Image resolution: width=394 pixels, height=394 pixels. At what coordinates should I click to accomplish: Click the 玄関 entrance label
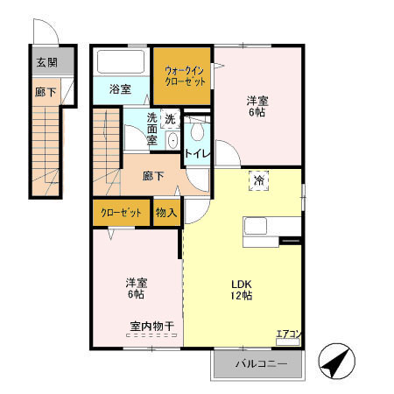46,63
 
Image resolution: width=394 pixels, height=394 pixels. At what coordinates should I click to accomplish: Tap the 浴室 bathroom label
120,89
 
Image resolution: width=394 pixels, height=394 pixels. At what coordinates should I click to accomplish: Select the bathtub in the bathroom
121,63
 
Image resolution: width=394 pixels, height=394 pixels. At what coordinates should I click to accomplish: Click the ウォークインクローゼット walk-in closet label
183,76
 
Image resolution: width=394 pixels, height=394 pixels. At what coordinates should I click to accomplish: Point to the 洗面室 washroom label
152,129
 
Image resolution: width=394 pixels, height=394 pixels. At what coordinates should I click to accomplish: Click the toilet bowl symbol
196,132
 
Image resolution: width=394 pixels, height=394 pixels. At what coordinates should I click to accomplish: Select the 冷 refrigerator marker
259,179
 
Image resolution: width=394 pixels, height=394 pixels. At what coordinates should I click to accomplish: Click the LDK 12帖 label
242,290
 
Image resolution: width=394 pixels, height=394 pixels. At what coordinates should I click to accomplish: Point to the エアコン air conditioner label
288,333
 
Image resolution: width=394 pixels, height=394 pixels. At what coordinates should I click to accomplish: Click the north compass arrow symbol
335,362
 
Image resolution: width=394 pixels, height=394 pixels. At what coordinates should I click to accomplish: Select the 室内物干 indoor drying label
152,327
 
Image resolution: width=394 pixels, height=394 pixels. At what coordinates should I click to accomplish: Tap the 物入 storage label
165,213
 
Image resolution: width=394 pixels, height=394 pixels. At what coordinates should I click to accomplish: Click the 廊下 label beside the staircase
152,176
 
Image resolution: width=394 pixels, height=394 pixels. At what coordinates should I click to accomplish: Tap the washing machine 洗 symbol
171,118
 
